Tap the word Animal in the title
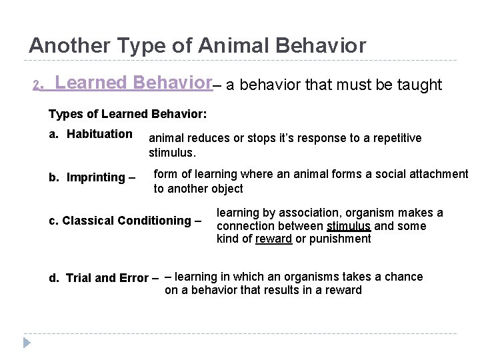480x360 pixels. (242, 45)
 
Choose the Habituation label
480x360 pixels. (97, 134)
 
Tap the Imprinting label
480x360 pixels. (97, 177)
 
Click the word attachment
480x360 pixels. (439, 174)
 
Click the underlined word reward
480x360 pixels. (273, 239)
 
